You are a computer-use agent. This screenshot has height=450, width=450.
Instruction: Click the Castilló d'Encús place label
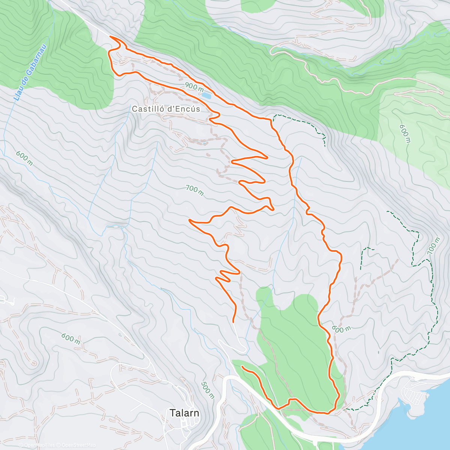[166, 109]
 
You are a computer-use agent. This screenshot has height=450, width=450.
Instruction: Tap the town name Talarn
[184, 413]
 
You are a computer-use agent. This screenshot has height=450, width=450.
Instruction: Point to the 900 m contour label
[194, 88]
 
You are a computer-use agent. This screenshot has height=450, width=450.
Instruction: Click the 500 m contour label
[207, 390]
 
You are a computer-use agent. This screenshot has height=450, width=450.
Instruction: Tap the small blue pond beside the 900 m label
[206, 96]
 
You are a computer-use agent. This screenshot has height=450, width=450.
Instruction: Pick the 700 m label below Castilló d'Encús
[195, 190]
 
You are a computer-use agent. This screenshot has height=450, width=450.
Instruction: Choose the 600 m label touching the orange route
[341, 329]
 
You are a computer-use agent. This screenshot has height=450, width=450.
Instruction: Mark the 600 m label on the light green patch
[405, 133]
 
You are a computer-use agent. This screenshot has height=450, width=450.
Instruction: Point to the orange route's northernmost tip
[110, 36]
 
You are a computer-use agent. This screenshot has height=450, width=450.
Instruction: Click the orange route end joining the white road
[233, 322]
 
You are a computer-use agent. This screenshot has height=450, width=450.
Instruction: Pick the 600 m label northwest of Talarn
[71, 339]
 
